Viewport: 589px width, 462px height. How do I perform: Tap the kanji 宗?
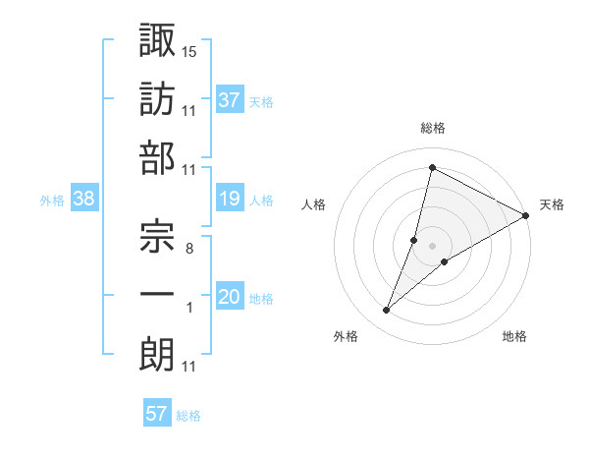coord(157,233)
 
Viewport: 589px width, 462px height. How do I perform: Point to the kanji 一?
coord(157,293)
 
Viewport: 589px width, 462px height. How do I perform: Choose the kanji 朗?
coord(157,353)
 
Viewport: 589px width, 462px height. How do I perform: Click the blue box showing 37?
coord(230,100)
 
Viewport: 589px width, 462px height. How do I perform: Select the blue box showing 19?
coord(230,200)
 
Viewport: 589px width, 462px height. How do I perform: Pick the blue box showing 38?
coord(84,200)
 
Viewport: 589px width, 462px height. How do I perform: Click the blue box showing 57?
coord(157,414)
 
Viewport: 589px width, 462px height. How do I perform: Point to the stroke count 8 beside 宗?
coord(188,249)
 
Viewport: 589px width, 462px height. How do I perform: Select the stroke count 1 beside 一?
coord(189,309)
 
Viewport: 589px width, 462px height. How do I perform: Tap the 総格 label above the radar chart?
coord(433,129)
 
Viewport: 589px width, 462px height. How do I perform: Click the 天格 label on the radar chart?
coord(552,205)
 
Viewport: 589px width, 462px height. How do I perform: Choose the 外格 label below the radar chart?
coord(346,337)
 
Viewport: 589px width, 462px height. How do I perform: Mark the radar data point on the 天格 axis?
coord(526,216)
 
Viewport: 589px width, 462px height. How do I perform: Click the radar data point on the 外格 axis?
coord(387,311)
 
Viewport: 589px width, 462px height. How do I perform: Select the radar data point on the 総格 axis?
coord(432,167)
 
